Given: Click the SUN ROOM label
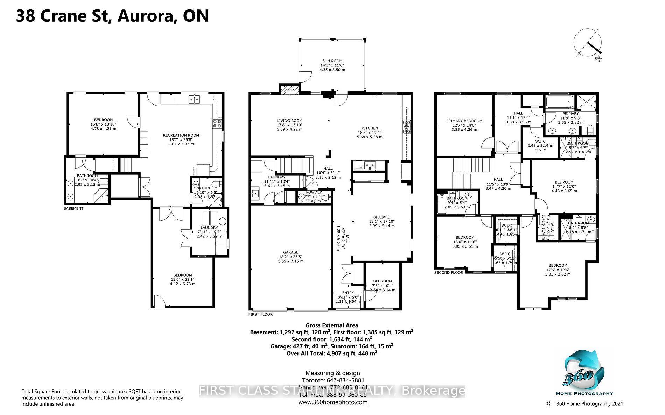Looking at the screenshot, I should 332,61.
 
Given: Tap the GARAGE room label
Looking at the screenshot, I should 291,252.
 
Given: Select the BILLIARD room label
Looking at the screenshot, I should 381,217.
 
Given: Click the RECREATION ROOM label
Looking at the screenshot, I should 181,135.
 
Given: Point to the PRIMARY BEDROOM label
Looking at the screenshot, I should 464,121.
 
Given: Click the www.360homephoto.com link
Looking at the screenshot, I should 332,402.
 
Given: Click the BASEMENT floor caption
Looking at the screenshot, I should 73,209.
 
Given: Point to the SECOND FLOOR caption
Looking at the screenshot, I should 448,273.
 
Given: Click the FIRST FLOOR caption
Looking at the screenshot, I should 260,314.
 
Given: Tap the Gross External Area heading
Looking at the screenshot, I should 331,325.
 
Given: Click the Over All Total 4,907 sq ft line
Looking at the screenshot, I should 331,353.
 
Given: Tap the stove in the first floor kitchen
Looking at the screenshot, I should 407,127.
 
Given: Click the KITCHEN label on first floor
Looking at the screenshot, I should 370,128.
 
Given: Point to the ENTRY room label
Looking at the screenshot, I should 348,293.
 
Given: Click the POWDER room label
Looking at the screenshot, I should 314,192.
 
